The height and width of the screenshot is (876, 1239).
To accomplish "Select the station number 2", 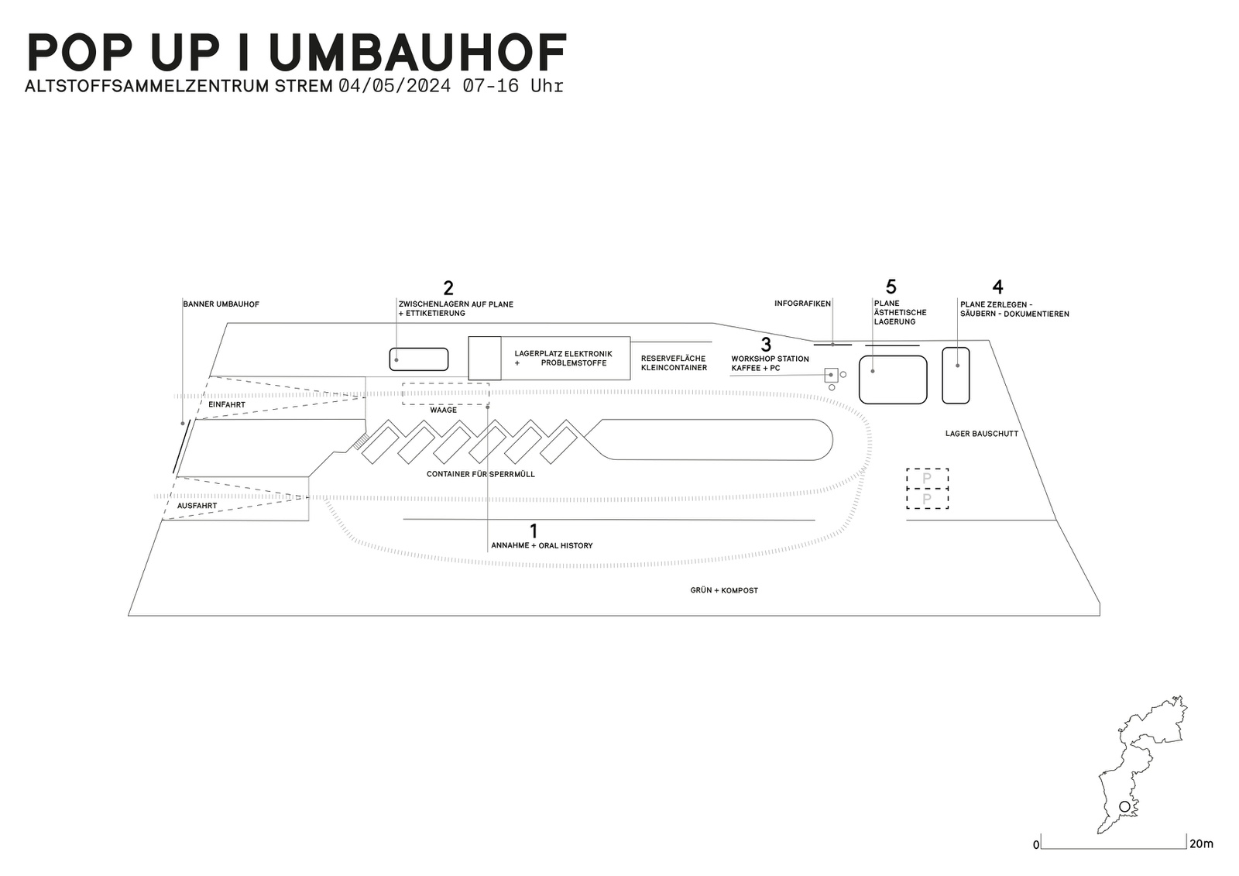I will point(448,288).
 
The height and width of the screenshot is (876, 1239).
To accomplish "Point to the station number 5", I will point(891,287).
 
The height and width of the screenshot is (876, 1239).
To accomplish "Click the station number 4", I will point(997,287).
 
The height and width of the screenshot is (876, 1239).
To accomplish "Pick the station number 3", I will point(766,345).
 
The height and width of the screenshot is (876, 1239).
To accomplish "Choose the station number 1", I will point(534,531).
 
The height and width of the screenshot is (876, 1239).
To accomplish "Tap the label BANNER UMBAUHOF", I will point(221,304).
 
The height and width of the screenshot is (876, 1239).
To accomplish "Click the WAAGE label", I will point(444,410).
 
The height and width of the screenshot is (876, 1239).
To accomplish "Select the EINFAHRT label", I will point(227,405).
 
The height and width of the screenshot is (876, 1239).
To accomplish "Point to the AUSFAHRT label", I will point(197,506).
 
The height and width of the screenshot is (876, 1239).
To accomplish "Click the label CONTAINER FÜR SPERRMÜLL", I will point(480,474).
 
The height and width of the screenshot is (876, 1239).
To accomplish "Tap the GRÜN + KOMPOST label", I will point(724,590).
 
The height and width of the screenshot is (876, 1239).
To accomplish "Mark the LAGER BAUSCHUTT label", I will point(981,434).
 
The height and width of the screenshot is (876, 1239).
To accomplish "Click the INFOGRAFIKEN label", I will point(802,304).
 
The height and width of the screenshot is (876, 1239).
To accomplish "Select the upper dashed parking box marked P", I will point(927,479).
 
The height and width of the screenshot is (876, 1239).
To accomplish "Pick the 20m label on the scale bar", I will point(1201,843).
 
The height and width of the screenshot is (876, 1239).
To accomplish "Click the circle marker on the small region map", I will point(1124,807).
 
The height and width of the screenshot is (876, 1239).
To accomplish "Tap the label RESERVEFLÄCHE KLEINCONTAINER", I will point(674,363).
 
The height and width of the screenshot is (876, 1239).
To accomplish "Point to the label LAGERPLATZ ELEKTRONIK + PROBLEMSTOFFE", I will point(563,359).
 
